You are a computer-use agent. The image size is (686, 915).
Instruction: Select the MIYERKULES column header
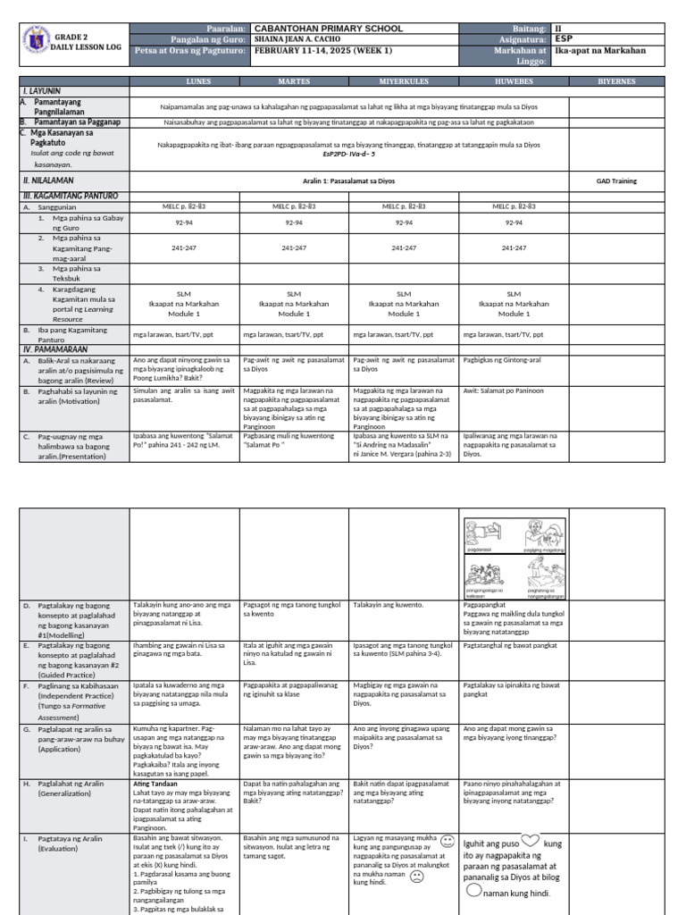tap(404, 80)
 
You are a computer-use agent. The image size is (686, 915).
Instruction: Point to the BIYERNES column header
tap(617, 80)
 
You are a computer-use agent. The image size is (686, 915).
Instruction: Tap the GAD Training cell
tap(616, 180)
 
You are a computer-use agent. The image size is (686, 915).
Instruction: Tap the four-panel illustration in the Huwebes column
tap(514, 558)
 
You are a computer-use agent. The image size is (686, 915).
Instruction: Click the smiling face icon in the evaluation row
tap(447, 842)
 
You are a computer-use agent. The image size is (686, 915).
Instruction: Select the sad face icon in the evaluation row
tap(416, 877)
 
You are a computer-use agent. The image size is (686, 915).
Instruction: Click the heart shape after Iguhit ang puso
tap(531, 841)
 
